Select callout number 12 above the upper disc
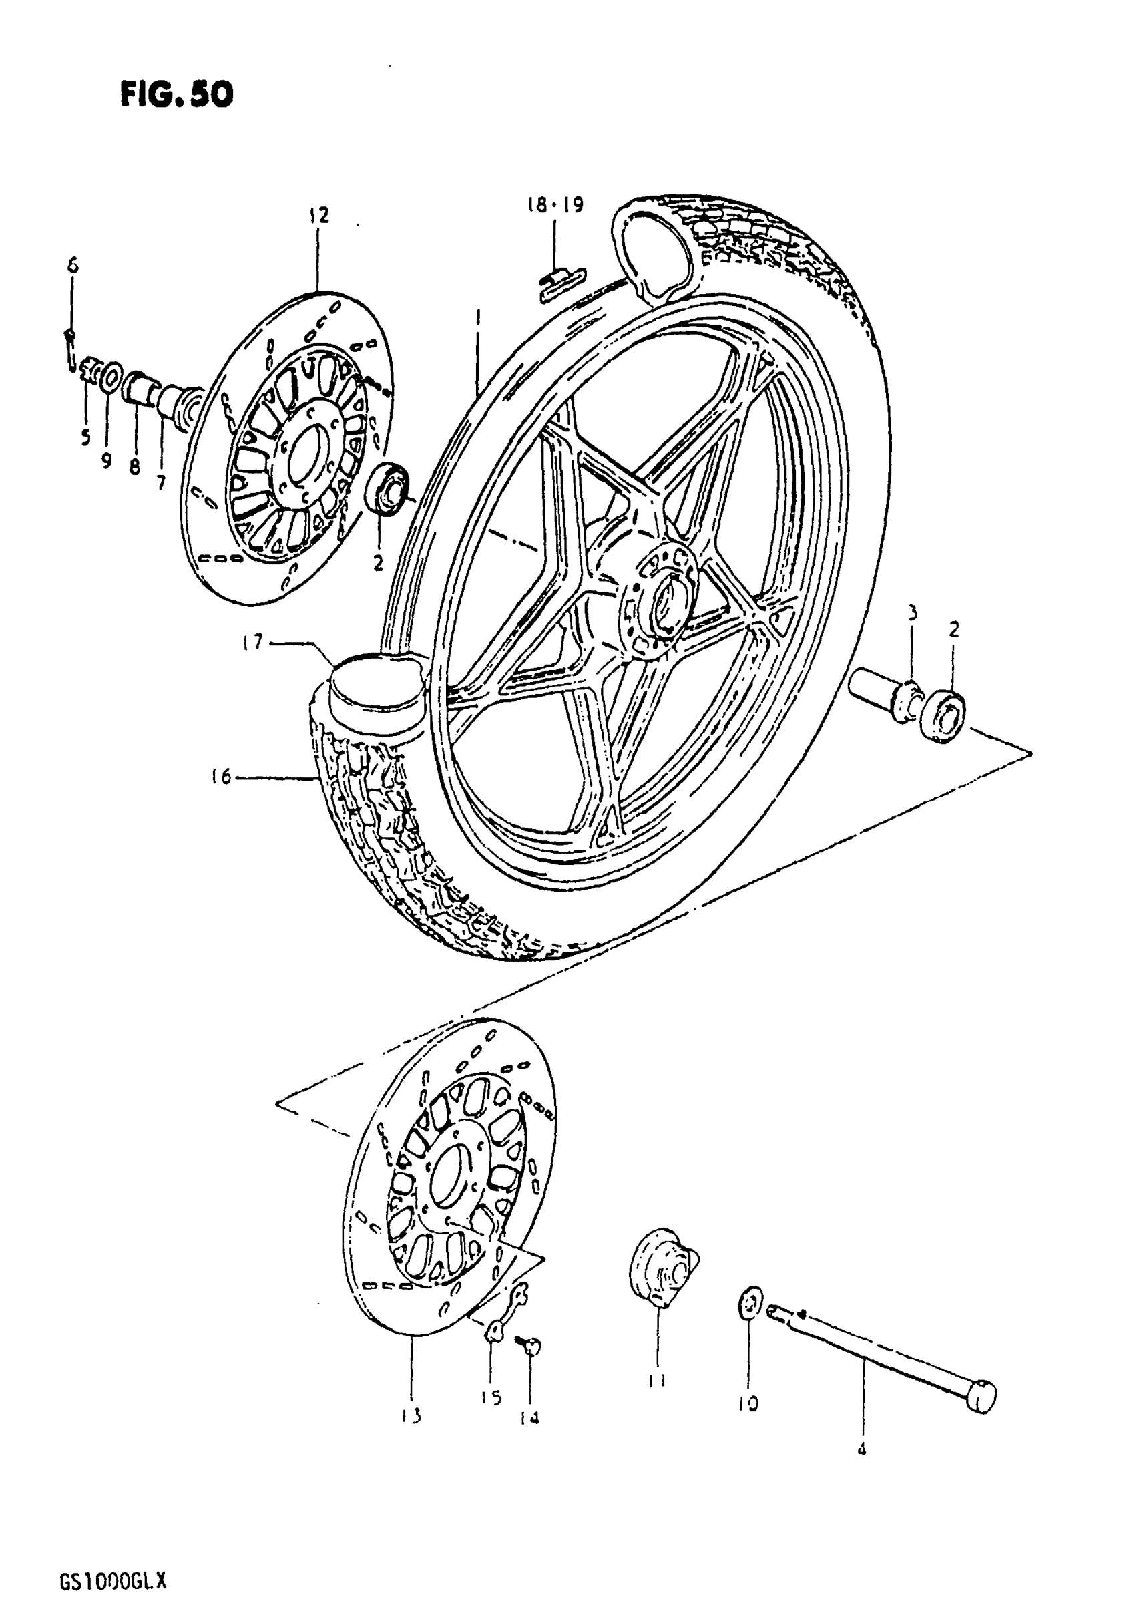tap(318, 215)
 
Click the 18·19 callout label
tap(555, 205)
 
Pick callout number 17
tap(254, 641)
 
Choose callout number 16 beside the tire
tap(221, 777)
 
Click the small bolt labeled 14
tap(530, 1347)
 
